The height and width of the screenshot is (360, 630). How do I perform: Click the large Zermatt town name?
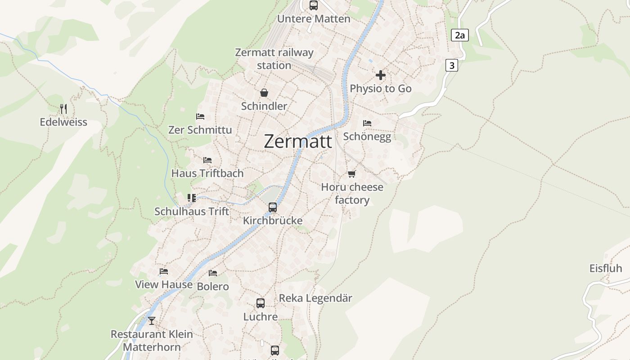tap(298, 141)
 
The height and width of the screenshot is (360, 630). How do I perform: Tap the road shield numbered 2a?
tap(459, 35)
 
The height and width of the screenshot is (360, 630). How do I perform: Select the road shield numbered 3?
tap(451, 65)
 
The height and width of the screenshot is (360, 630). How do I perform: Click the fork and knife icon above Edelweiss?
tap(63, 108)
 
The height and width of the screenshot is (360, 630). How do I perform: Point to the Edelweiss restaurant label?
tap(63, 122)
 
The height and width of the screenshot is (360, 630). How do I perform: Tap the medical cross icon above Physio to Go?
tap(381, 75)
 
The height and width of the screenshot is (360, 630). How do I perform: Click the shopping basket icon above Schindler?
tap(264, 93)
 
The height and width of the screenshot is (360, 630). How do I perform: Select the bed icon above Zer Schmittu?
tap(200, 117)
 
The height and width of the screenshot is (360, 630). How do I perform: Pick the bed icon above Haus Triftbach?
tap(207, 160)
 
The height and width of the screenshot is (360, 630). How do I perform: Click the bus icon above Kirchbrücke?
tap(273, 207)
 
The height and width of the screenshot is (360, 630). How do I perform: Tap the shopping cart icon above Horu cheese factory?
tap(352, 174)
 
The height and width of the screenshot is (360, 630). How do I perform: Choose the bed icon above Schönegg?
tap(367, 123)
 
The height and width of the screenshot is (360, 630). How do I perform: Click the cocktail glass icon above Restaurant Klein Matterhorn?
tap(152, 320)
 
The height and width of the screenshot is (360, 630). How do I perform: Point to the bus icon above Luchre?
tap(261, 303)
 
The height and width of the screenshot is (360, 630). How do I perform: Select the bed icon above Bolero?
tap(213, 273)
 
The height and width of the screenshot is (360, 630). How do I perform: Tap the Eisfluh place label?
tap(606, 268)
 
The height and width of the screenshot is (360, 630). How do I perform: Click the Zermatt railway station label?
tap(274, 59)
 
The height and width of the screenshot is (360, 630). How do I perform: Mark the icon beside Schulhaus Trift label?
tap(192, 198)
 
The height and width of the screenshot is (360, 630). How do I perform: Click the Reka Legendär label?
tap(315, 298)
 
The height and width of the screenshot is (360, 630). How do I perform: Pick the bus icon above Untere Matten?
tap(314, 5)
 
